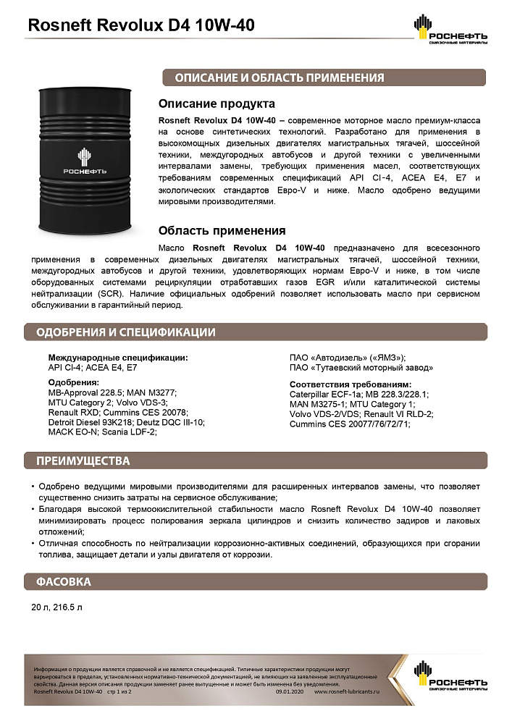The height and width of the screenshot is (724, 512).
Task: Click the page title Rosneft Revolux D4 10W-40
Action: coord(140,26)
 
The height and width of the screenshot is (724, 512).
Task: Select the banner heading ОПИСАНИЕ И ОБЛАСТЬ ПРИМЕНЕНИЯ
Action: coord(279,78)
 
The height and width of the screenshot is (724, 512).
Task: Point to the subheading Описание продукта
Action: coord(217,104)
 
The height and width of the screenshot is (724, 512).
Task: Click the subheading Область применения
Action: coord(222,231)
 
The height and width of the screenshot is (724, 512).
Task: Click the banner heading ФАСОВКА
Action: coord(64,581)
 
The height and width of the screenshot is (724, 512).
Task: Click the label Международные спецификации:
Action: coord(118,358)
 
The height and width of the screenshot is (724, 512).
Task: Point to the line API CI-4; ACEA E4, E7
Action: coord(92,368)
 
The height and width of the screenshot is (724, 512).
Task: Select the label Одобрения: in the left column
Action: coord(73,382)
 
